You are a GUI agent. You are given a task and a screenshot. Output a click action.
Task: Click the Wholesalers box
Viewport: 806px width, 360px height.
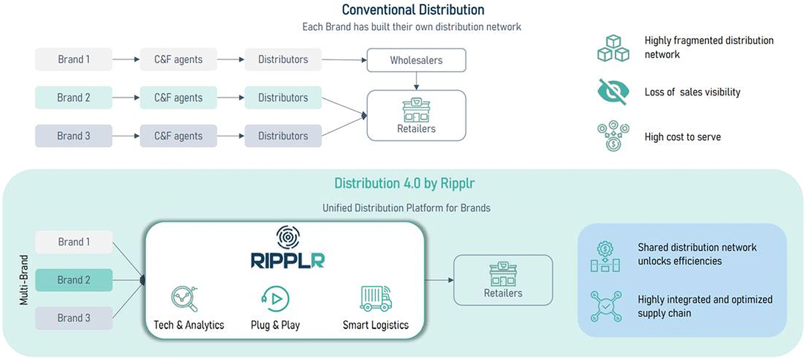[x=416, y=60]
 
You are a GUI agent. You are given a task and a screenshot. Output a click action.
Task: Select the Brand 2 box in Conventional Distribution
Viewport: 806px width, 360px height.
[x=74, y=97]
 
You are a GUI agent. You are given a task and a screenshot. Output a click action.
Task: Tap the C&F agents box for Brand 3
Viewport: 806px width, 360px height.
[x=178, y=136]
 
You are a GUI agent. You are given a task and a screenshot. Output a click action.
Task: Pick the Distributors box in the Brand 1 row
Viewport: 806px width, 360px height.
[x=283, y=59]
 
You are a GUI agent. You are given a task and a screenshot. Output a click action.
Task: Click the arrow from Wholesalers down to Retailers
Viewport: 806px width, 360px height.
[x=416, y=81]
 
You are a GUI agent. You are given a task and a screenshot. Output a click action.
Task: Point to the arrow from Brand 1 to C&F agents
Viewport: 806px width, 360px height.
[x=126, y=59]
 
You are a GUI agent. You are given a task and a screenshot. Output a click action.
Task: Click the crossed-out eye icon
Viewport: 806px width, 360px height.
[x=614, y=92]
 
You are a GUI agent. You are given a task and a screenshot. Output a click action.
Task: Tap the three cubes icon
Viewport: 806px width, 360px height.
[x=614, y=48]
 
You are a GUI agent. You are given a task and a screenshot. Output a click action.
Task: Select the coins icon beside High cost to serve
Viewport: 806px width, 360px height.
[x=614, y=136]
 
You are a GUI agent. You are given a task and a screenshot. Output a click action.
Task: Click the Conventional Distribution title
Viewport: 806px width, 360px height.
[x=413, y=10]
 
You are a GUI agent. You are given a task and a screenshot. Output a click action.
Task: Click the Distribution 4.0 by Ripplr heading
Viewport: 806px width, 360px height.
[x=405, y=183]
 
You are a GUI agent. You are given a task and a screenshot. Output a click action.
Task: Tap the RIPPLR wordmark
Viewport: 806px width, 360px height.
[x=287, y=261]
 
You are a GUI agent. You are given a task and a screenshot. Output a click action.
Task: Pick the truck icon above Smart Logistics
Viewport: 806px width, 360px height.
[x=376, y=298]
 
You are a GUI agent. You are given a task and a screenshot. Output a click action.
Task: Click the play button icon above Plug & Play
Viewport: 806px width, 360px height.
[x=275, y=299]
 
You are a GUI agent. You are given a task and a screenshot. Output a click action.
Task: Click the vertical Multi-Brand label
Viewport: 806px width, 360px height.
[x=24, y=280]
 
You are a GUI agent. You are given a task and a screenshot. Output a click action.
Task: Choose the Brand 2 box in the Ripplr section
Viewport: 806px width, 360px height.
[x=74, y=280]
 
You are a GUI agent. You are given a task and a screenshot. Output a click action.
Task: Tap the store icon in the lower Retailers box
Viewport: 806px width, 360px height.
[x=503, y=274]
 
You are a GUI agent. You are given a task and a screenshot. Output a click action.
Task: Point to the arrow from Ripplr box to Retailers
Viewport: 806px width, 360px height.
[x=440, y=280]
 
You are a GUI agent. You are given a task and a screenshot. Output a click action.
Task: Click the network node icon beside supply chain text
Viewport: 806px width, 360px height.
[x=606, y=306]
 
